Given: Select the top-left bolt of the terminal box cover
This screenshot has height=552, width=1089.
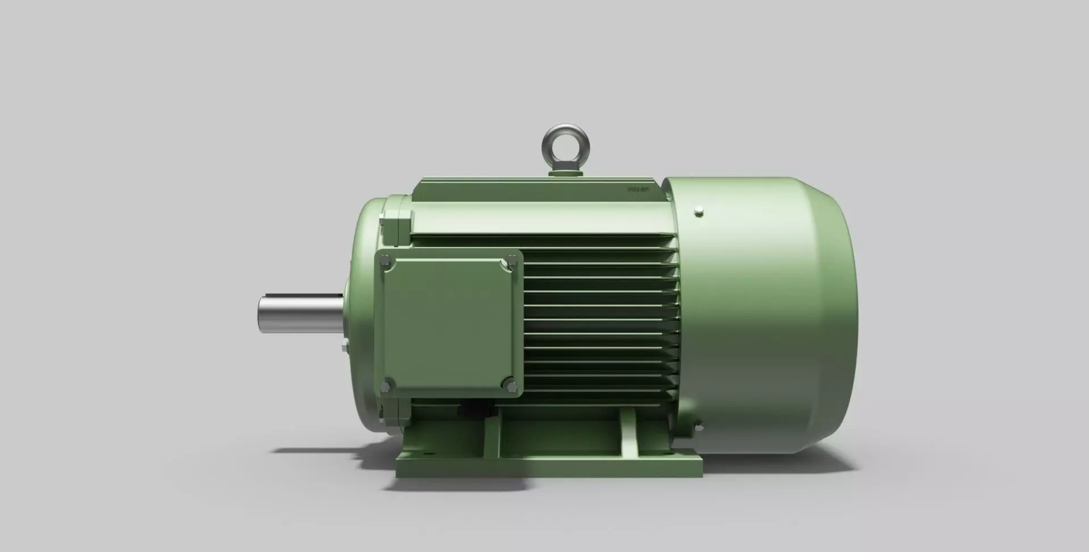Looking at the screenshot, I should (x=386, y=261).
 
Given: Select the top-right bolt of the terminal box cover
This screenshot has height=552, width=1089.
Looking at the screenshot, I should (x=512, y=260).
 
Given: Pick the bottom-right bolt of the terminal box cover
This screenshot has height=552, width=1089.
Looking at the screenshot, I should (x=512, y=386).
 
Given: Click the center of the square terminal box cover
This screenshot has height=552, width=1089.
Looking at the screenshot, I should (x=448, y=323).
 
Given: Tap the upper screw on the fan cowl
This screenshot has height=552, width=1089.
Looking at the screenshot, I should (x=699, y=213).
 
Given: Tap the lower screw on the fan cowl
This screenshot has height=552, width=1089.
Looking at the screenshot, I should (x=698, y=426).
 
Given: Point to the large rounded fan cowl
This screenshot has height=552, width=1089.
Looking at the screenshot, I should (x=771, y=317).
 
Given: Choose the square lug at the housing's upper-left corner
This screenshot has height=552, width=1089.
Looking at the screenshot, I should (x=396, y=222).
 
